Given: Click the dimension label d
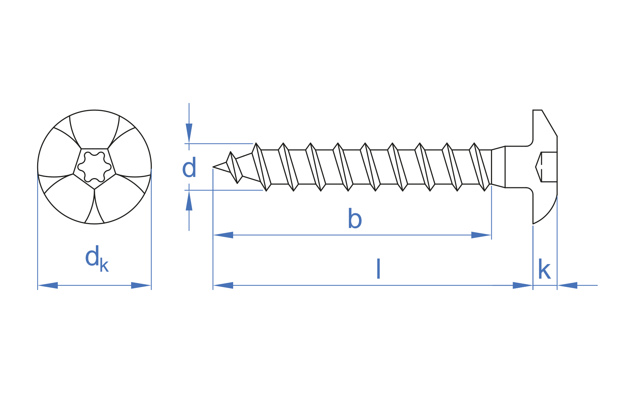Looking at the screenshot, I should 189,169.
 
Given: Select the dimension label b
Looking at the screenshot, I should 354,219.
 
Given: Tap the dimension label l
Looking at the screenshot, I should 378,269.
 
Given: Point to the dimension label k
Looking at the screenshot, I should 544,270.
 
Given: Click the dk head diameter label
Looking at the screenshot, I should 96,258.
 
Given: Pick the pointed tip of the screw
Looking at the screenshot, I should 214,167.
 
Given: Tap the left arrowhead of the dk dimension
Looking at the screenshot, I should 48,285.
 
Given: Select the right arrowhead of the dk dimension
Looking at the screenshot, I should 141,285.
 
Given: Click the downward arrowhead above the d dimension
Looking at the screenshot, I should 189,133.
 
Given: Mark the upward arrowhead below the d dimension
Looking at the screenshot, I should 189,201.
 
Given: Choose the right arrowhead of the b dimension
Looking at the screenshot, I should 481,235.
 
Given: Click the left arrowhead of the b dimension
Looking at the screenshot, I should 223,235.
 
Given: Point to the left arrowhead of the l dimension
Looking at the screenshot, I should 223,285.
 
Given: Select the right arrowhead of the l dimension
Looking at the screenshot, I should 523,285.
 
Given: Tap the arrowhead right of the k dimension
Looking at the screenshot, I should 567,285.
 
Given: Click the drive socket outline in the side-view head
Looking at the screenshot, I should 546,167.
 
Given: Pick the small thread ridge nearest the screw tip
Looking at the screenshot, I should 234,167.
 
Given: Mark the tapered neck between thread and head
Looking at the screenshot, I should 498,167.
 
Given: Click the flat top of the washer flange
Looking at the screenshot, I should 537,110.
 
